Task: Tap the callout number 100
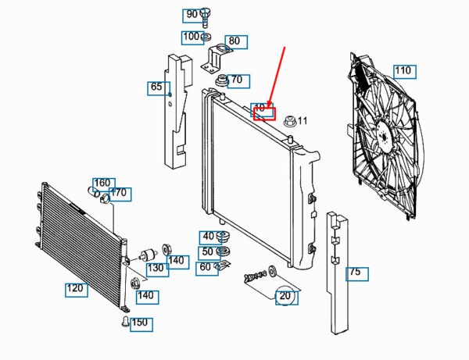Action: pos(192,37)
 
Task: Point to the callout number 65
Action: pos(157,87)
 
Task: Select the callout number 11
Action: pos(303,121)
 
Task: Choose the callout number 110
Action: pos(403,72)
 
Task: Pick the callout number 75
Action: pos(356,273)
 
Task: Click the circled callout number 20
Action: pos(285,296)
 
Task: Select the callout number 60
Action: pos(206,267)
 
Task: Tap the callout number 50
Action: pos(208,251)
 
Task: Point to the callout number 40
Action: pos(208,237)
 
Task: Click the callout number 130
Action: pos(156,268)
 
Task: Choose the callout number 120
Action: pos(75,289)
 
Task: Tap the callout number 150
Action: pos(140,323)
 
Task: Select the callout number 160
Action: pos(103,184)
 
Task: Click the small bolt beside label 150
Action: pos(124,321)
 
